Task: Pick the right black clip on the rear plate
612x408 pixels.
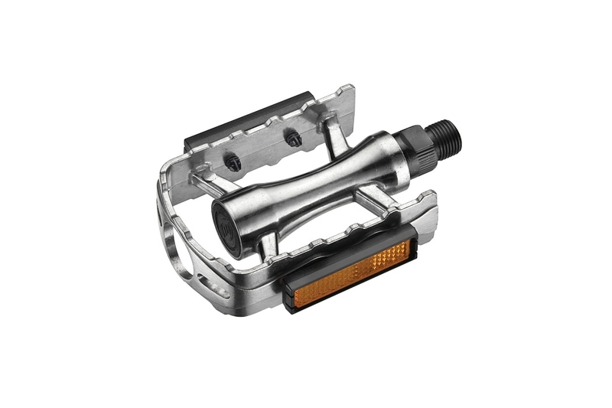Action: pyautogui.click(x=292, y=138)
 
